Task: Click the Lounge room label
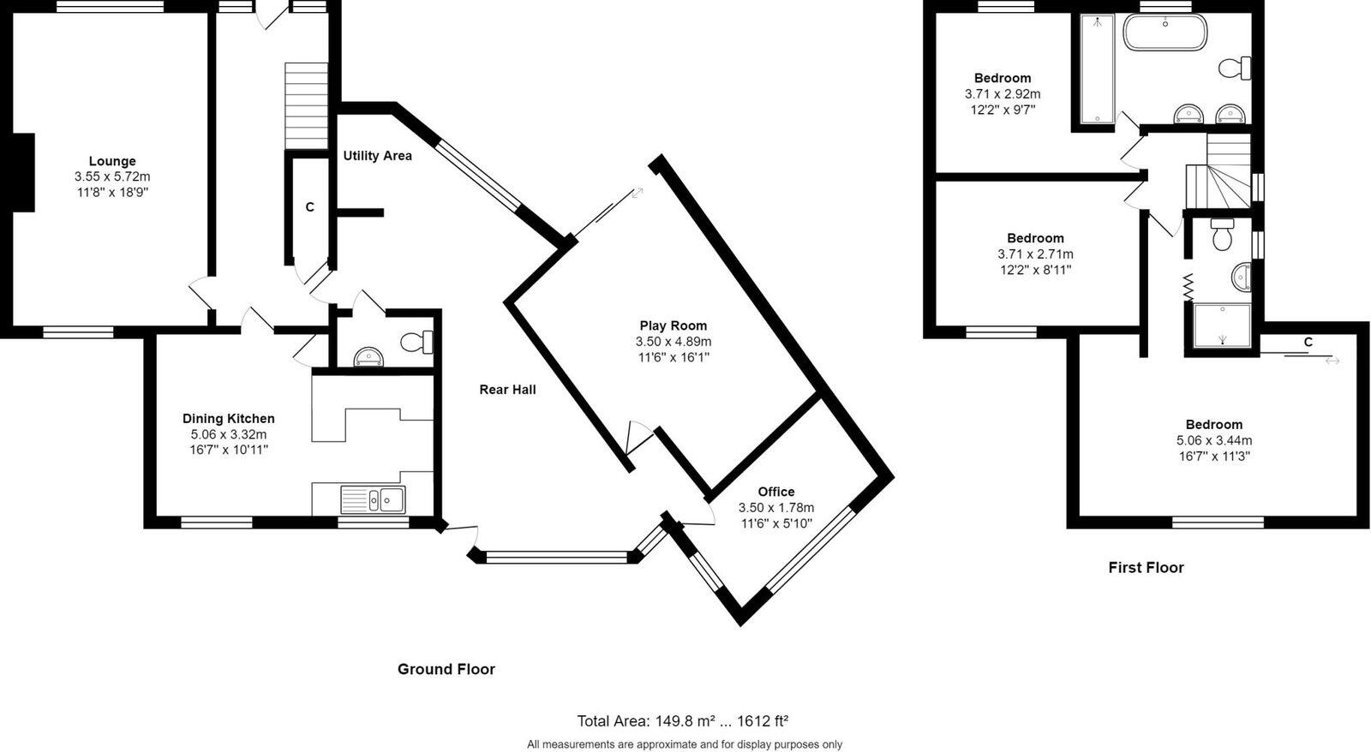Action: [x=112, y=161]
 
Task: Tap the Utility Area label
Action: [x=377, y=156]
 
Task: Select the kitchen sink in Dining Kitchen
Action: [x=373, y=498]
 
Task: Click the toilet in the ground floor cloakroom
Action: [x=418, y=343]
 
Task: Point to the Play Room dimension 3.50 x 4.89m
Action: [x=674, y=341]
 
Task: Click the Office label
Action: [x=776, y=492]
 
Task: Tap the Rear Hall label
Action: [x=507, y=390]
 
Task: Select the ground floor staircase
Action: [x=307, y=105]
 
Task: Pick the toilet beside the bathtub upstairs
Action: [x=1236, y=67]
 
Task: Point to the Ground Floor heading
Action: [x=446, y=669]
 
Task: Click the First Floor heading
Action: [x=1146, y=567]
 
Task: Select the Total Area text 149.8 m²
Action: [x=682, y=721]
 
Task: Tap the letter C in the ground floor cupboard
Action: [x=310, y=207]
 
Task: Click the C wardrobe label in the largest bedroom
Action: [x=1308, y=342]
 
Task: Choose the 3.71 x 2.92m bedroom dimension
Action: [x=1003, y=93]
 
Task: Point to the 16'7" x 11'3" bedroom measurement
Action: [x=1214, y=456]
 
